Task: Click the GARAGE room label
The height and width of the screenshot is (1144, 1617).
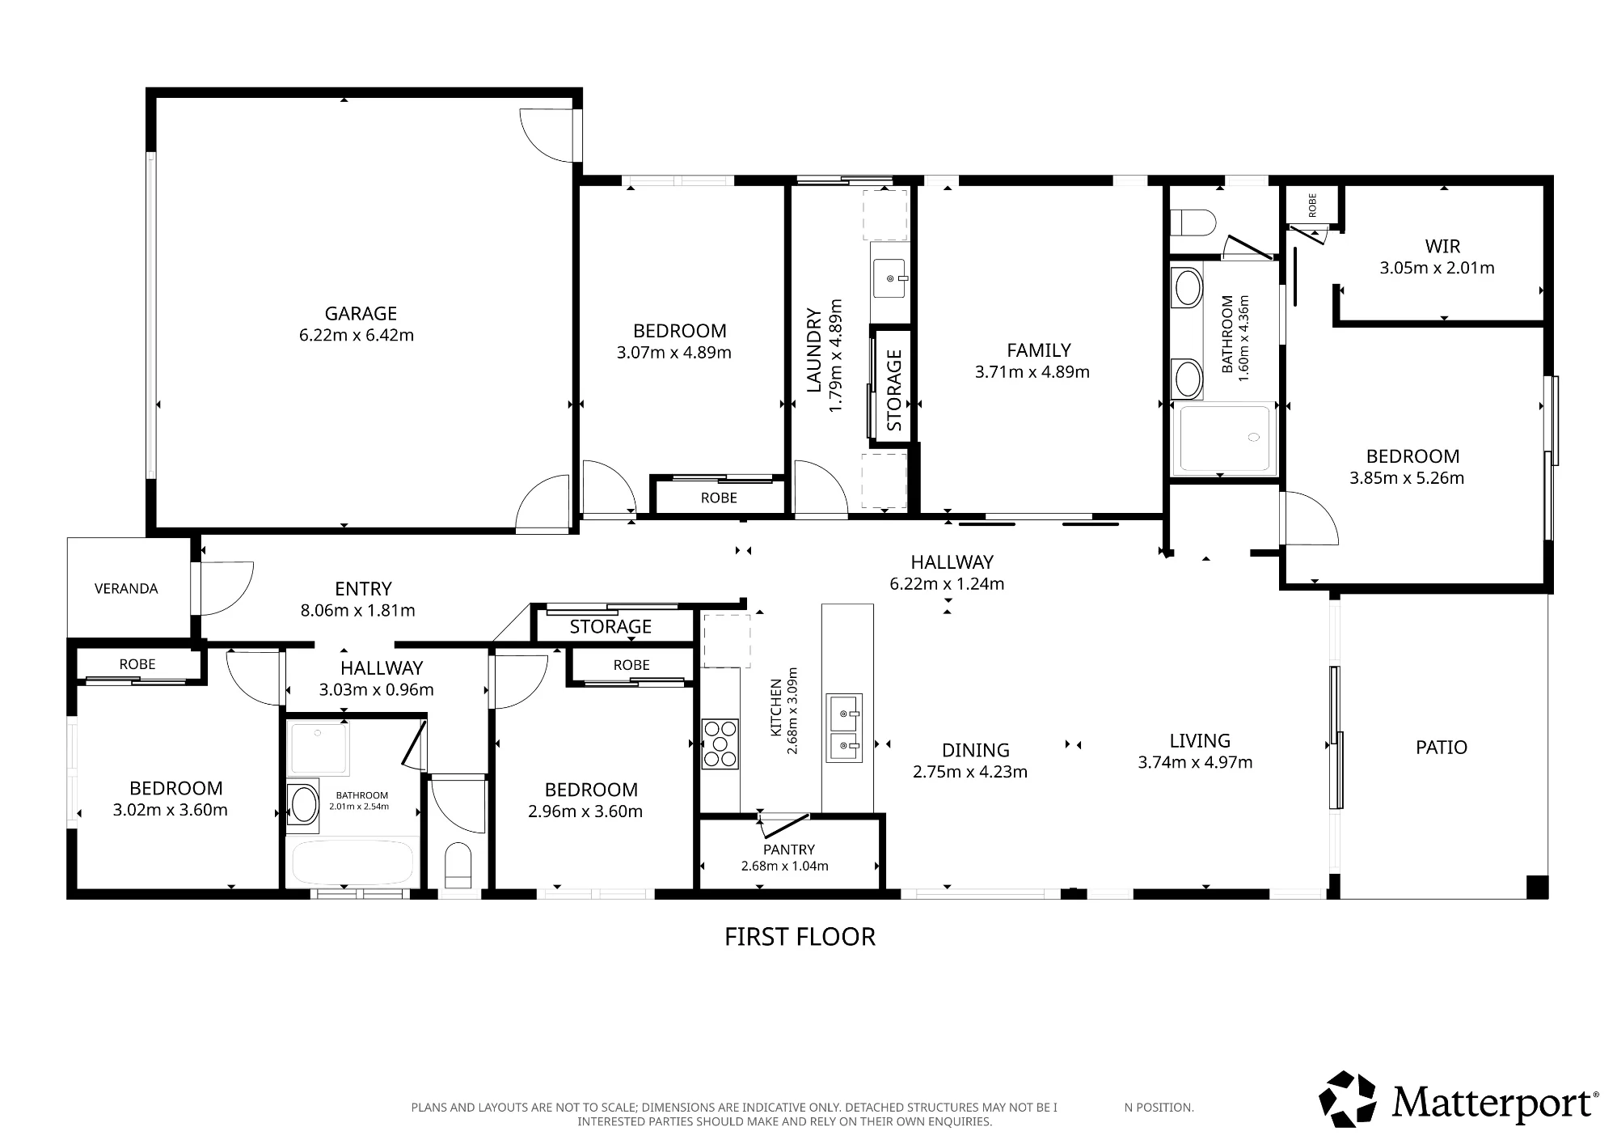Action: point(361,313)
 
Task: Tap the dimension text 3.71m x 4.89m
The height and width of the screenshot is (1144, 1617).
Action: point(1032,372)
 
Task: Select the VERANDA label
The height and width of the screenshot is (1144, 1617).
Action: point(126,589)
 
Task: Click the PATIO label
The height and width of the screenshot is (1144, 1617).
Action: point(1442,747)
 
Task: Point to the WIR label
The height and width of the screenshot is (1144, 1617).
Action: point(1442,246)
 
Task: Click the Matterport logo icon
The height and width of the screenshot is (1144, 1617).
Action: point(1348,1099)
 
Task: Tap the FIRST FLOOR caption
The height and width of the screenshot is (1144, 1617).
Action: point(800,937)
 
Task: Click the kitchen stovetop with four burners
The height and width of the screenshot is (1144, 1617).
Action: point(720,744)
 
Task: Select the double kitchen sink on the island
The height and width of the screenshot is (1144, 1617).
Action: point(844,727)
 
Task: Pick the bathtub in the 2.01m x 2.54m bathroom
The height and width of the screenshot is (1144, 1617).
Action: point(353,863)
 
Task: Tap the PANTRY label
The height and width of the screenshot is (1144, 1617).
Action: point(789,850)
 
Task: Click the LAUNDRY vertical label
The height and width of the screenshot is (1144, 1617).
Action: point(814,350)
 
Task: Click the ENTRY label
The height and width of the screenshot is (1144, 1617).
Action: point(363,589)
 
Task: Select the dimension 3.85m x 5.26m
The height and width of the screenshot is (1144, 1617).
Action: point(1407,478)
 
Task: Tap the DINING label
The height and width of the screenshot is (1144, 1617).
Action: point(976,750)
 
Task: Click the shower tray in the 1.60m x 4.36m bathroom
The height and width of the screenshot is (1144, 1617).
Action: point(1226,439)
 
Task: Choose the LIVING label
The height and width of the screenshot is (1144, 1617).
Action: point(1200,740)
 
